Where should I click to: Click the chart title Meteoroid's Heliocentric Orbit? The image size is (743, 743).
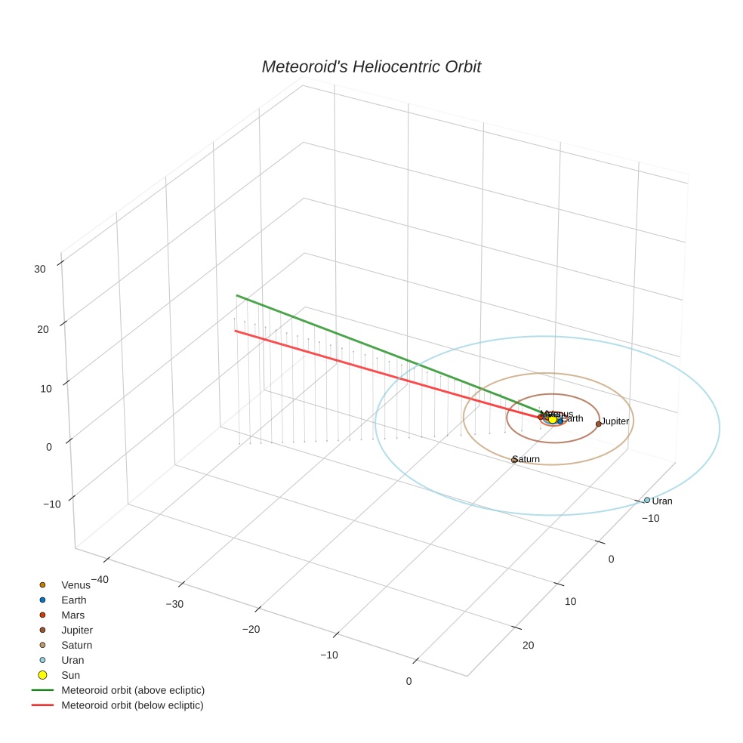(371, 67)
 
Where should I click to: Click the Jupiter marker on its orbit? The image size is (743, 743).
(598, 424)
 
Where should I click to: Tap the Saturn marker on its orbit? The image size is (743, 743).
(514, 459)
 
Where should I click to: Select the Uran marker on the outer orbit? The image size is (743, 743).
(646, 500)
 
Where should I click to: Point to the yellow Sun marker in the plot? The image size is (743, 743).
(553, 419)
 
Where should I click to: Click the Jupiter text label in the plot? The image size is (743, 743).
(615, 421)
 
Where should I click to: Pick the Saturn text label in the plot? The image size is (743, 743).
(526, 459)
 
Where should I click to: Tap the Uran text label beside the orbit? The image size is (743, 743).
(662, 501)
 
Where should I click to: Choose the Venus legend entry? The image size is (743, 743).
(76, 585)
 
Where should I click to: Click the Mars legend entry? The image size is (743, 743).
(72, 615)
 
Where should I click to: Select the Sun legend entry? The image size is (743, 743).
(70, 675)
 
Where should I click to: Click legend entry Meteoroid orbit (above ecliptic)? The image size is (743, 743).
(133, 690)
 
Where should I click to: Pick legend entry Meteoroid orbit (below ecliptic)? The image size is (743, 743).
(132, 705)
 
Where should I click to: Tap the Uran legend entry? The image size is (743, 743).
(72, 660)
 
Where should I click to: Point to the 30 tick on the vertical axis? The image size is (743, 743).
(40, 268)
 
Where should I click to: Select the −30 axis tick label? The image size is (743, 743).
(174, 604)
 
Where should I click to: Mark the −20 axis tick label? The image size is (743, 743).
(251, 630)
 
